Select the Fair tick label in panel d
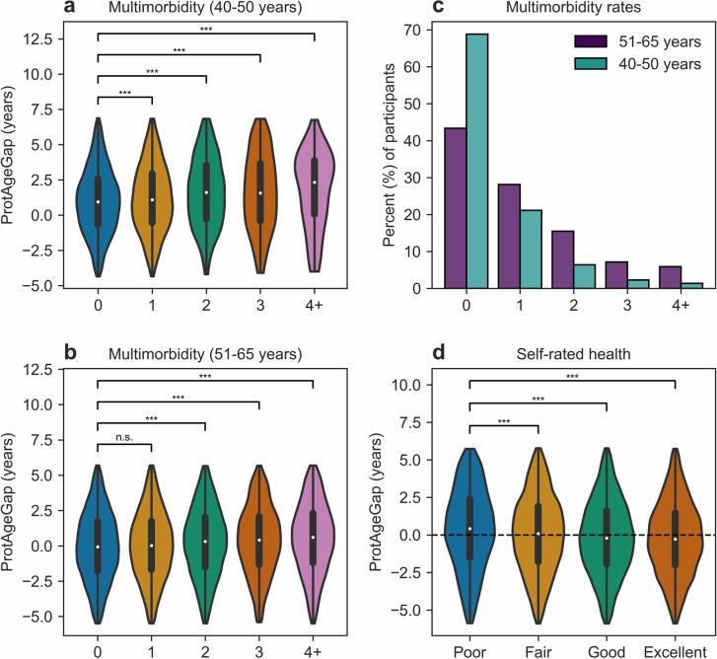point(538,648)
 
